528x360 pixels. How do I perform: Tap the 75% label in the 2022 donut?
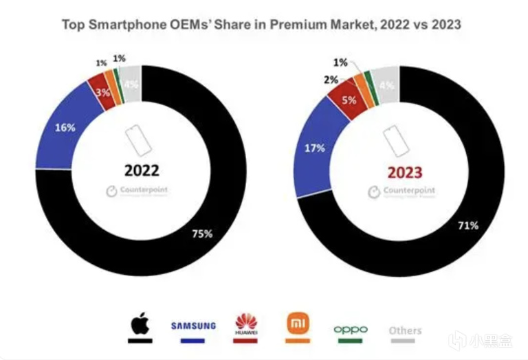pos(201,234)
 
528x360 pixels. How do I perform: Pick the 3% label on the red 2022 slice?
pos(104,91)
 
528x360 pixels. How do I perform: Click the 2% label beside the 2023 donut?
pos(331,80)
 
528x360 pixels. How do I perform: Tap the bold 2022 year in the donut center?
pos(142,170)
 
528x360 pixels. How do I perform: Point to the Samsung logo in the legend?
pos(193,325)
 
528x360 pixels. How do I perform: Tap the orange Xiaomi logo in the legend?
pos(298,323)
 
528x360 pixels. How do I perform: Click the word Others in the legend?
pos(405,330)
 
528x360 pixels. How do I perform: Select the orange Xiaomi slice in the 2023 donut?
pos(362,89)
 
